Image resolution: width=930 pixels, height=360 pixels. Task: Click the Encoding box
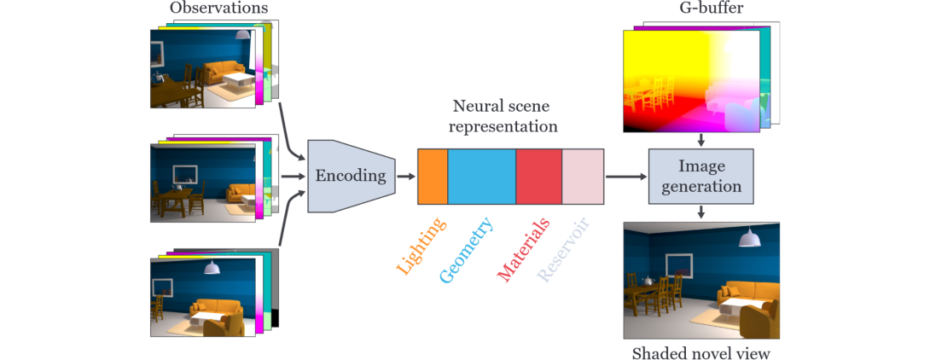tap(351, 176)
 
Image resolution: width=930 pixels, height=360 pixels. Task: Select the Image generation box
tap(700, 177)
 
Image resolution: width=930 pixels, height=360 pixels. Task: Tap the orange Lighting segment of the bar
tap(433, 177)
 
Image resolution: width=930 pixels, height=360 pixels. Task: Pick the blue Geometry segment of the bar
tap(481, 177)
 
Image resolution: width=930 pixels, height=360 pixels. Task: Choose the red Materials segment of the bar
tap(538, 177)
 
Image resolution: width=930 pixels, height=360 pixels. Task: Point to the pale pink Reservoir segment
tap(583, 177)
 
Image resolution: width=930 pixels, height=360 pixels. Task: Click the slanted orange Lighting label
tap(420, 247)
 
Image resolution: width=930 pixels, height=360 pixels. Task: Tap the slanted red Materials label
tap(523, 249)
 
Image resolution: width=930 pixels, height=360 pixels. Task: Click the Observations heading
tap(218, 9)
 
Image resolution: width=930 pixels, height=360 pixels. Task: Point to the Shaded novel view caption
tap(700, 351)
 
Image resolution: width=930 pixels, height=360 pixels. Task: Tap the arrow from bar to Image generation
tap(625, 177)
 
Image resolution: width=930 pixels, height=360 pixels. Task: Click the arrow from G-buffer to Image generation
tap(700, 139)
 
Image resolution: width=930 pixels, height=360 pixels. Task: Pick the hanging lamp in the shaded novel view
tap(750, 239)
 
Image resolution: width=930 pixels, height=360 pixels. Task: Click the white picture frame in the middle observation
tap(185, 175)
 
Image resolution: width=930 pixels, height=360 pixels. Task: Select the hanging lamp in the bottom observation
tap(211, 268)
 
